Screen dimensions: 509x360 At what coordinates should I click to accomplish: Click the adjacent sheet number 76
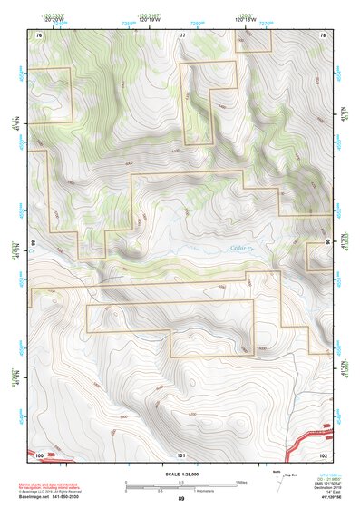(39, 34)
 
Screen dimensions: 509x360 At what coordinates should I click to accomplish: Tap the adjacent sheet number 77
(182, 34)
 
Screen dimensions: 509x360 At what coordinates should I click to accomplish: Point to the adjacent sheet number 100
(39, 454)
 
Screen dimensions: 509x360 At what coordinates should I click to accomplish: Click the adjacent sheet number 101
(181, 454)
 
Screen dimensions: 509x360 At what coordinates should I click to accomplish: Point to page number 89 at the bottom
(180, 499)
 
